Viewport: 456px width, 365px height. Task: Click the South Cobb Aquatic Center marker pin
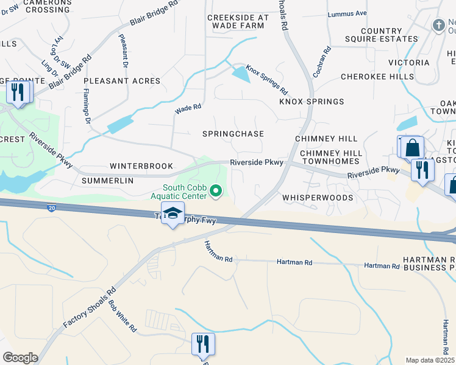pos(215,192)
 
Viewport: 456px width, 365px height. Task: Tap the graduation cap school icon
pos(173,214)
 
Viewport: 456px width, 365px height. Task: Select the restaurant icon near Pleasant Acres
pos(18,92)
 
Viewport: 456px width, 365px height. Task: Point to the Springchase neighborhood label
pos(234,134)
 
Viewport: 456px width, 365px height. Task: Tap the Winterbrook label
pos(141,166)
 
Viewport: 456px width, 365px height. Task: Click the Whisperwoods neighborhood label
pos(318,198)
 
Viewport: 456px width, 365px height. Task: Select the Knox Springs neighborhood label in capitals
pos(312,102)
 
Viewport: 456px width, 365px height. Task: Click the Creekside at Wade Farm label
pos(236,22)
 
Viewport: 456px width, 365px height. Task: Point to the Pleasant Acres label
pos(122,81)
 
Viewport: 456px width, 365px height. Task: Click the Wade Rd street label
pos(188,109)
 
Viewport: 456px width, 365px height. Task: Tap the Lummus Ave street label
pos(347,13)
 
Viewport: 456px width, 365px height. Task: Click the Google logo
pos(20,358)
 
